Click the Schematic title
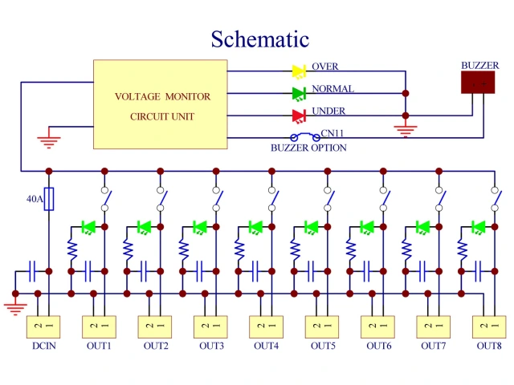(x=259, y=38)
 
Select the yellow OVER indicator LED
(x=299, y=71)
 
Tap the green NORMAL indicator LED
(x=299, y=93)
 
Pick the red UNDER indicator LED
(x=299, y=115)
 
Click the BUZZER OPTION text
(x=309, y=148)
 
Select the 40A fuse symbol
(x=49, y=199)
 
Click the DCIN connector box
(x=43, y=327)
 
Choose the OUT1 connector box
(x=100, y=327)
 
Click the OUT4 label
(x=266, y=346)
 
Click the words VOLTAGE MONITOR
(x=163, y=97)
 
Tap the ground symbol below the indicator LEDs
(x=406, y=128)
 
